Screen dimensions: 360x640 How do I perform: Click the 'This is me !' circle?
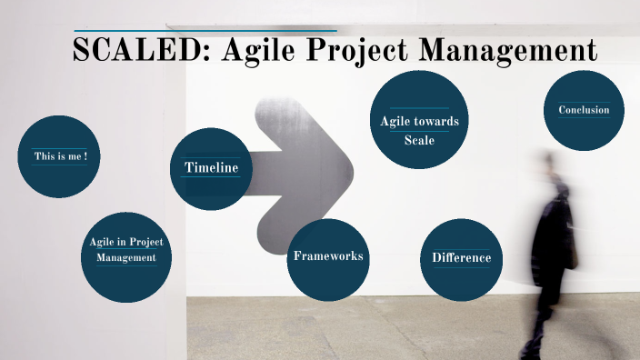pos(60,156)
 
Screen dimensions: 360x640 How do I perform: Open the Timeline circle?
pos(212,169)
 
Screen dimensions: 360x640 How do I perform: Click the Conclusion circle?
pos(584,111)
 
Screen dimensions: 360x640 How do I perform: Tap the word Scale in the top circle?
pos(419,140)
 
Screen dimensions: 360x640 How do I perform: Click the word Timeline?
pos(212,167)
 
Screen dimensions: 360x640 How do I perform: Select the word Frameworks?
pos(328,256)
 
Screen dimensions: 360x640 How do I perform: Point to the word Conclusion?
pos(584,110)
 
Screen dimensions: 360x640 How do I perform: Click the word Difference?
pos(461,258)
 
